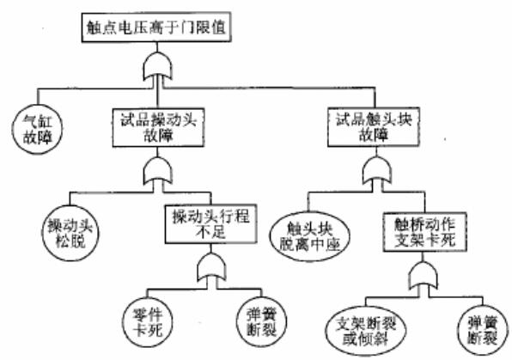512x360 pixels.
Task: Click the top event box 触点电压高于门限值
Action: [156, 27]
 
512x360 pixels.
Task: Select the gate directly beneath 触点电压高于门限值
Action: [157, 67]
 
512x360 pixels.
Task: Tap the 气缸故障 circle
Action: [38, 130]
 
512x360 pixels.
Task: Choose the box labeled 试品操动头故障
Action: [158, 128]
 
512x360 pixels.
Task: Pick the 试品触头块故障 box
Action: [374, 127]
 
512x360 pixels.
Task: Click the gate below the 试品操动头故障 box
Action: [158, 170]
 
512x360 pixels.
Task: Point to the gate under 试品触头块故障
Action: [377, 170]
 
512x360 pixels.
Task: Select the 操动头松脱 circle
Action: [70, 233]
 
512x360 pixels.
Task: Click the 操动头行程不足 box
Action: [211, 224]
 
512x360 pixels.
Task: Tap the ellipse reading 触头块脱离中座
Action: [309, 236]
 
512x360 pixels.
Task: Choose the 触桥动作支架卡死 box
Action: [425, 232]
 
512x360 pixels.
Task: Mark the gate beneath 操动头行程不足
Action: [211, 267]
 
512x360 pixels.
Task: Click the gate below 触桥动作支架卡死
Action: [424, 275]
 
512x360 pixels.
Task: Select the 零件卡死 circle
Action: [148, 322]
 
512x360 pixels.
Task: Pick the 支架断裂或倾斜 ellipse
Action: [366, 331]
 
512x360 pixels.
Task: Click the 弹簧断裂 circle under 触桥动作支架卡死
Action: [483, 330]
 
